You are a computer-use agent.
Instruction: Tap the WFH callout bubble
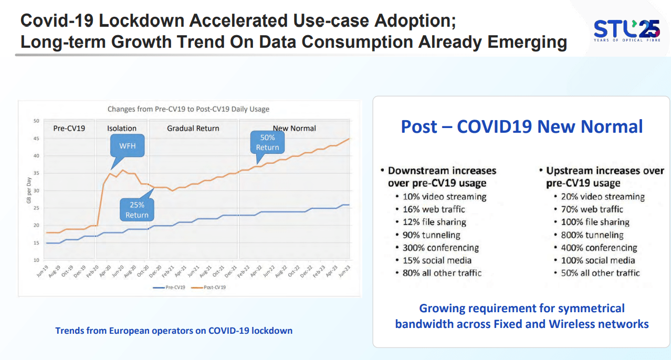(x=128, y=145)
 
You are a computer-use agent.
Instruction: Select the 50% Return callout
(x=267, y=142)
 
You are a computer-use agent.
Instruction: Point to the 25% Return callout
(x=137, y=209)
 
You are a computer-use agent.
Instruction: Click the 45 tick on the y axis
(x=36, y=139)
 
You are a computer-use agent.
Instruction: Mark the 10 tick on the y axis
(x=36, y=260)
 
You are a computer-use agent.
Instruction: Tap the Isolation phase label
(x=122, y=128)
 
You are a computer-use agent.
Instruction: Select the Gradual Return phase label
(x=193, y=128)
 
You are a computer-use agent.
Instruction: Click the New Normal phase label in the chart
(x=294, y=128)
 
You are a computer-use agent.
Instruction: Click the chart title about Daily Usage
(x=188, y=109)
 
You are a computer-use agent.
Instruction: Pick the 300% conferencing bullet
(x=441, y=248)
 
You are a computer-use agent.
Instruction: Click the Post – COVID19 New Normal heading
(x=521, y=126)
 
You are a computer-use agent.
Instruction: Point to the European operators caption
(x=174, y=331)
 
